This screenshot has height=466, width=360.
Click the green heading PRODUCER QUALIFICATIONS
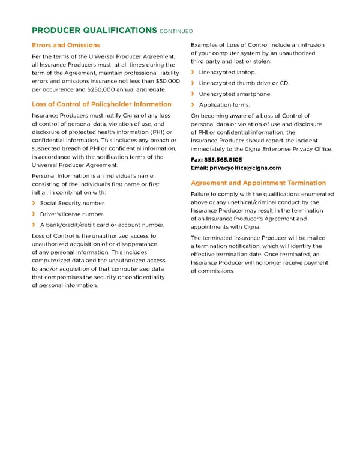(x=94, y=30)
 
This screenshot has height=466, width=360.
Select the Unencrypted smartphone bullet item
(x=235, y=94)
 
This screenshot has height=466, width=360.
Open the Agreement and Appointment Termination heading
(x=258, y=183)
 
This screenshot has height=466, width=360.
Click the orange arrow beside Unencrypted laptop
(x=193, y=73)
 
